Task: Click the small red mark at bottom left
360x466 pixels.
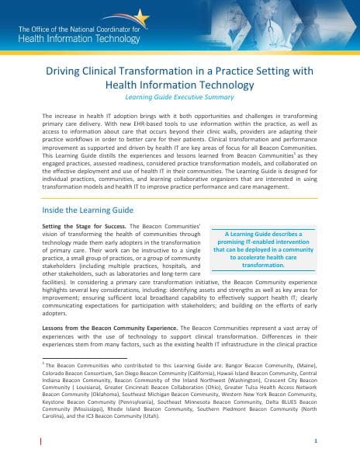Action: pyautogui.click(x=40, y=441)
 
